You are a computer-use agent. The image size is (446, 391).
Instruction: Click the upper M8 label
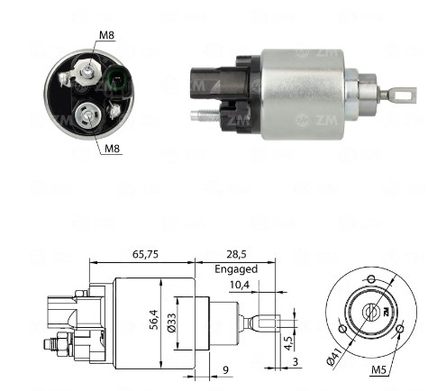pos(107,35)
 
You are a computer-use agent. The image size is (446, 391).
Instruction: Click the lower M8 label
pos(112,148)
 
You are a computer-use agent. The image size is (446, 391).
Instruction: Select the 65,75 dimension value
pos(145,254)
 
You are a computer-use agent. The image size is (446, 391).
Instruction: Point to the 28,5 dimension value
pos(236,254)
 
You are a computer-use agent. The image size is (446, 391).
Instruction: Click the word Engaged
pos(236,268)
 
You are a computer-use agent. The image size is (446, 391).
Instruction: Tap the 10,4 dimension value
pos(240,285)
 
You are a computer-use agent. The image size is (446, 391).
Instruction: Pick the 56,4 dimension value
pos(154,320)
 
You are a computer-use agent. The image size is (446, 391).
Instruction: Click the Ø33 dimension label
pos(172,323)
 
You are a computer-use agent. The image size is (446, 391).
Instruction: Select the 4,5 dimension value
pos(287,343)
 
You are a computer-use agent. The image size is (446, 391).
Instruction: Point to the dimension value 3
pos(295,362)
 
